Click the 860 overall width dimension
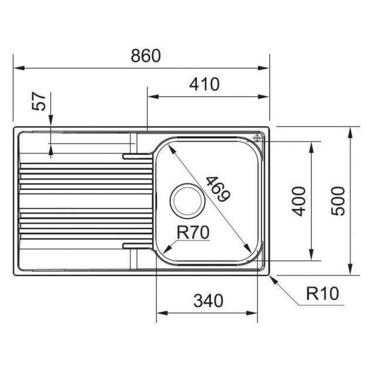coord(146,56)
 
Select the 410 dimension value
coord(204,84)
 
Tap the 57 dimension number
coord(39,101)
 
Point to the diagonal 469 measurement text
coord(218,189)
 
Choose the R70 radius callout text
coord(193,233)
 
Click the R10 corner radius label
coord(323,294)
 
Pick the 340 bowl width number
coord(209,301)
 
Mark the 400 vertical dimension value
coord(299,202)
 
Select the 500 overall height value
coord(338,201)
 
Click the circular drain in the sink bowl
coord(187,201)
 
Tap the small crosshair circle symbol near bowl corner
coord(257,138)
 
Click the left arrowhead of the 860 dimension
coord(19,68)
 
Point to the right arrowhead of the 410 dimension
coord(264,97)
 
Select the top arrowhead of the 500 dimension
coord(350,133)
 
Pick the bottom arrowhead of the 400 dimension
coord(311,254)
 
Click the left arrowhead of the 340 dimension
coord(162,313)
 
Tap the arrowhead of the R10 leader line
coord(274,279)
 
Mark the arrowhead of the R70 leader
coord(168,248)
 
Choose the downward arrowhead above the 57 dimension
coord(51,120)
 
